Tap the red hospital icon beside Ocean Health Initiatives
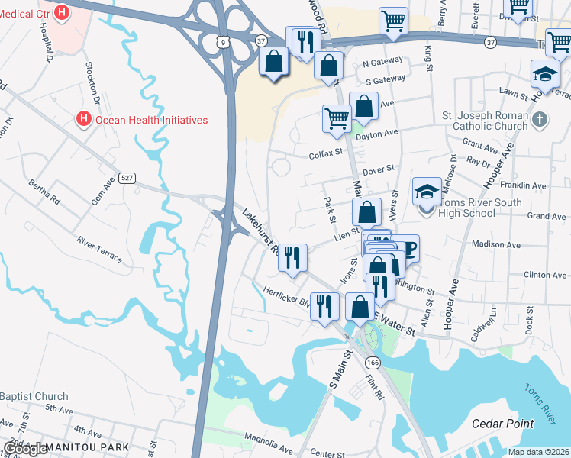click(x=83, y=120)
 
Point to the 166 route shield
click(x=373, y=363)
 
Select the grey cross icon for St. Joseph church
click(x=540, y=119)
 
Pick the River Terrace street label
click(x=98, y=249)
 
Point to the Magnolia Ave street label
click(x=269, y=440)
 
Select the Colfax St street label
click(x=326, y=155)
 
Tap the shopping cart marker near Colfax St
click(x=337, y=118)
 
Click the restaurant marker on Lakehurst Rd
click(x=291, y=257)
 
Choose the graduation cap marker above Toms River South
click(x=427, y=192)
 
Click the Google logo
click(x=25, y=449)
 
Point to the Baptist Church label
click(x=34, y=396)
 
